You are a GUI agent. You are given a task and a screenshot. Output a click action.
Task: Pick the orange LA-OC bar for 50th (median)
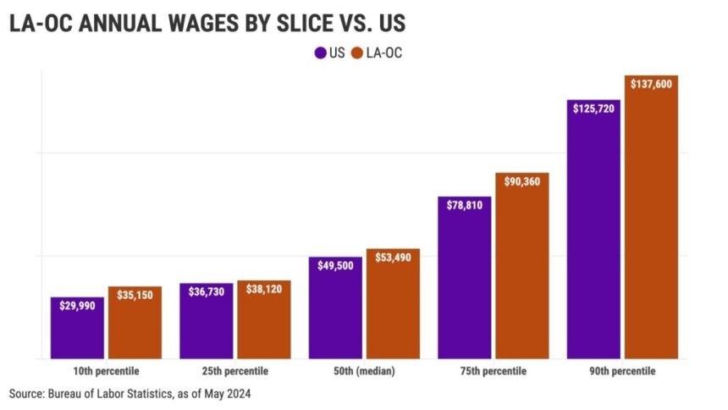pos(393,309)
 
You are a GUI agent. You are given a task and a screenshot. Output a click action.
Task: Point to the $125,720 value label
pos(594,109)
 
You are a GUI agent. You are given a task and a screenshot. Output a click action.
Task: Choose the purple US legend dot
pos(320,53)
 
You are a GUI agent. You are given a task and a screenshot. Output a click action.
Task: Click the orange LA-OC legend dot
pos(357,53)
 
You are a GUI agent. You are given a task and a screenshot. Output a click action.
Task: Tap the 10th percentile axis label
pos(106,371)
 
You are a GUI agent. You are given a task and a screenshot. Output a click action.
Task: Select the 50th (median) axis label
pos(364,371)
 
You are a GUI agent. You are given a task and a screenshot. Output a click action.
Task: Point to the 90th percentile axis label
pos(623,371)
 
